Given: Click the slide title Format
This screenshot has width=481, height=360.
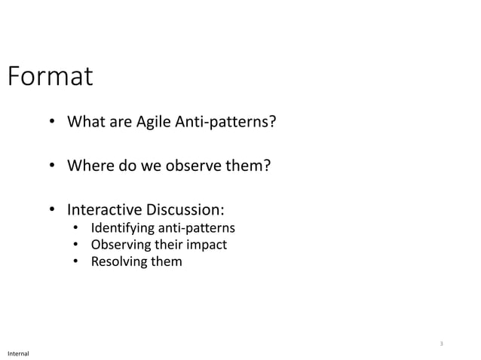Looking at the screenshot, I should coord(50,76).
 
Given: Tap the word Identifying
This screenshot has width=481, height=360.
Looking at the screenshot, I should coord(123,228).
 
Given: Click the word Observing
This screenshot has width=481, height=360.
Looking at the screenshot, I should coord(121,246).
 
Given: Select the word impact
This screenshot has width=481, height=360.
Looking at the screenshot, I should coord(208,246).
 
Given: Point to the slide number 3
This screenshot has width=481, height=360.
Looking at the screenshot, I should coord(442,344).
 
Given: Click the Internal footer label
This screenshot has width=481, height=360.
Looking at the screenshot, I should coord(18,352).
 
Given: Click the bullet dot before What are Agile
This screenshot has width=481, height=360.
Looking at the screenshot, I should coord(53,122).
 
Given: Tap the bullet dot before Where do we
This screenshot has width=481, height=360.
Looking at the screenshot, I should coord(53,165).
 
